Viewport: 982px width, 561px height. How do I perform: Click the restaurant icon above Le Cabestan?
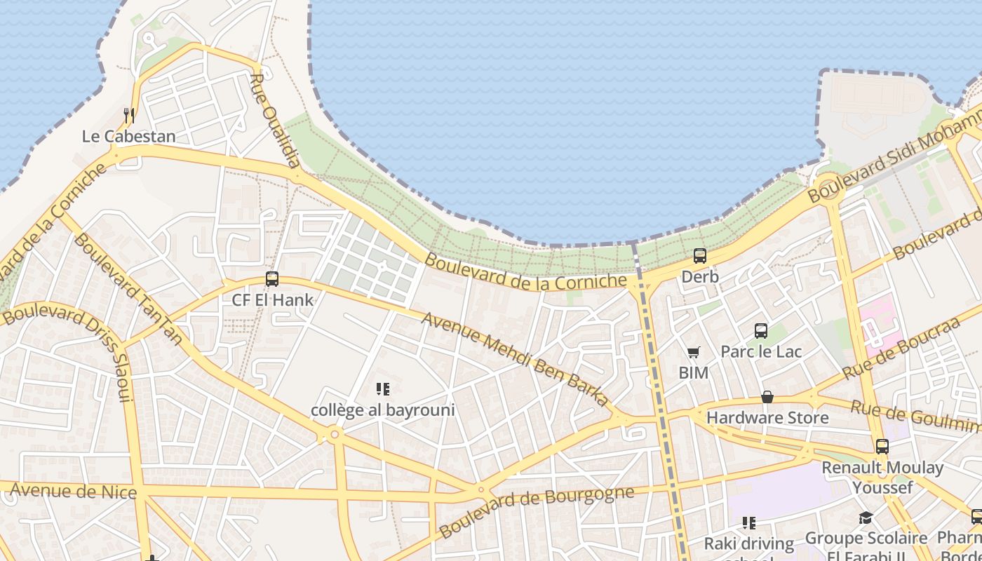(x=128, y=115)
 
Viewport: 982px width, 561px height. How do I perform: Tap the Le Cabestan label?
(x=128, y=136)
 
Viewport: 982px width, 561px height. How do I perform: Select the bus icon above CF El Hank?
(x=272, y=279)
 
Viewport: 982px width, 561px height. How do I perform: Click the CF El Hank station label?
(x=273, y=300)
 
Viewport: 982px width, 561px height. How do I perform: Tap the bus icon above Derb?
(x=699, y=256)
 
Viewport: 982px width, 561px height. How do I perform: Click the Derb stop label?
(x=700, y=277)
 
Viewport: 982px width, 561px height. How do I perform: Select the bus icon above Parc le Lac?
(x=761, y=331)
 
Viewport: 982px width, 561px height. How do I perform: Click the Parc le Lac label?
(x=761, y=351)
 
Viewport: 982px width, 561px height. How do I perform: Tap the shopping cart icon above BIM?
(x=693, y=353)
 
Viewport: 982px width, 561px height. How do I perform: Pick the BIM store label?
(x=693, y=373)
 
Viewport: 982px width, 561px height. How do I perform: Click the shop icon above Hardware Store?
(x=767, y=398)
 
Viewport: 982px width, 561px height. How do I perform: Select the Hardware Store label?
(x=767, y=418)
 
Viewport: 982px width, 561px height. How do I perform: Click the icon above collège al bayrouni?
(x=382, y=389)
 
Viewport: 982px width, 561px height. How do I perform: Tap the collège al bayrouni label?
(x=383, y=410)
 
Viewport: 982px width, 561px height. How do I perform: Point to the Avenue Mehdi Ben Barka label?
(x=516, y=359)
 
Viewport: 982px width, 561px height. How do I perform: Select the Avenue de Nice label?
(x=73, y=491)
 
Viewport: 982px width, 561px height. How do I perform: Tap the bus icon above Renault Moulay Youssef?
(x=882, y=447)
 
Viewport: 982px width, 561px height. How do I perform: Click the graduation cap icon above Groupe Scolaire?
(x=866, y=518)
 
